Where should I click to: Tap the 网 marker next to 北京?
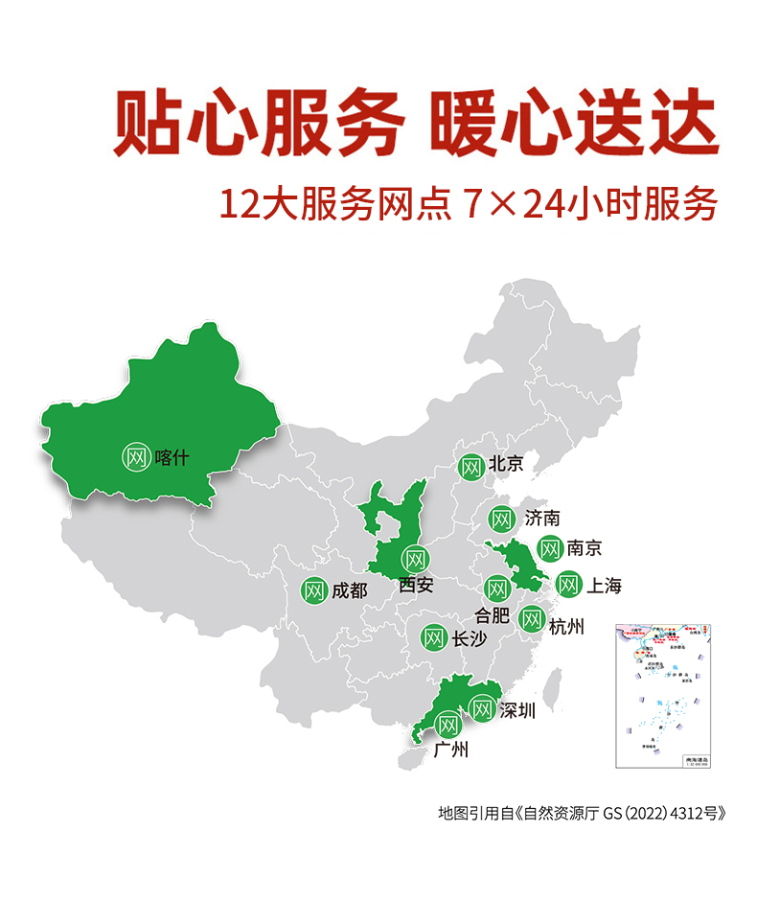coord(470,467)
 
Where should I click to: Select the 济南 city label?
coord(541,519)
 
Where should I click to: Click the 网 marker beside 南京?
coord(549,548)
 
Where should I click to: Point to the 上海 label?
coord(604,585)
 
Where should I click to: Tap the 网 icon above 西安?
coord(415,558)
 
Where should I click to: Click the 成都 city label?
coord(349,590)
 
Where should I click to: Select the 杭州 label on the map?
coord(566,626)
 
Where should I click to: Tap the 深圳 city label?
coord(516,710)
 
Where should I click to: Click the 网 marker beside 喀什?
coord(136,456)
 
